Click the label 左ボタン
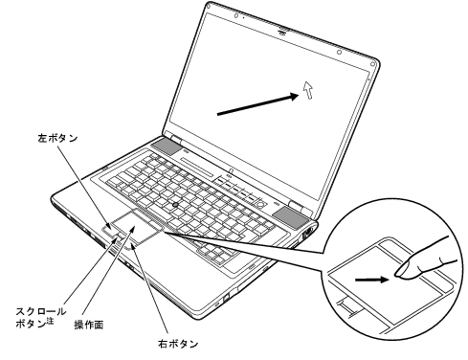pos(57,138)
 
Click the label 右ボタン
pos(178,344)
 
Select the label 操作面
pos(89,325)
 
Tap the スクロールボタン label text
pos(41,317)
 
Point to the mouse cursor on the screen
pos(307,90)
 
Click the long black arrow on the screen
pos(257,104)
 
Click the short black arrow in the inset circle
pos(372,280)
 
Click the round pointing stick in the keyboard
pos(175,204)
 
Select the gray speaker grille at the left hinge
pos(166,146)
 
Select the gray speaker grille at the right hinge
pos(291,217)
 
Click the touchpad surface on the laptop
pos(137,227)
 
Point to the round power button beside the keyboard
pos(261,203)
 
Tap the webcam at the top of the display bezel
pos(282,32)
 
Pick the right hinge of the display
pos(296,206)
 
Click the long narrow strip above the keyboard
pos(196,167)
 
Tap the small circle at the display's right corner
pos(372,64)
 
